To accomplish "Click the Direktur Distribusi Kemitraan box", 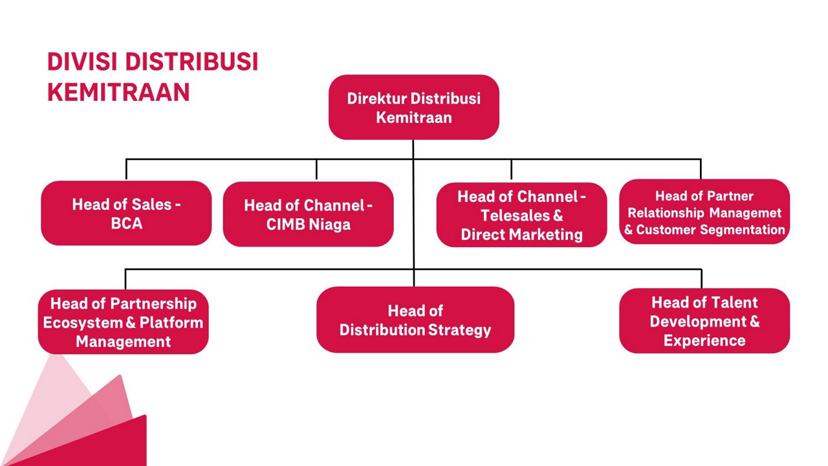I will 413,107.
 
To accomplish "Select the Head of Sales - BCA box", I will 126,213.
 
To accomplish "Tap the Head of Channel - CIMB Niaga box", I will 308,214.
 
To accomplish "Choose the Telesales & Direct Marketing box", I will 521,215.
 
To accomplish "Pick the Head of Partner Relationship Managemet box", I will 704,212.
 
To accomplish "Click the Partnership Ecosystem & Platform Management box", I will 123,322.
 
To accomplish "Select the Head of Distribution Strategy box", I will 415,320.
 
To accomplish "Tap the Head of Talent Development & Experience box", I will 704,321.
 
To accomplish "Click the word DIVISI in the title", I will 82,62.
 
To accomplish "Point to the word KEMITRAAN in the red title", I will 118,92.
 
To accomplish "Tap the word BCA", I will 126,224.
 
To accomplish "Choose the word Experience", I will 704,340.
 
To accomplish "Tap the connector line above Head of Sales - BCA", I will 126,170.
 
